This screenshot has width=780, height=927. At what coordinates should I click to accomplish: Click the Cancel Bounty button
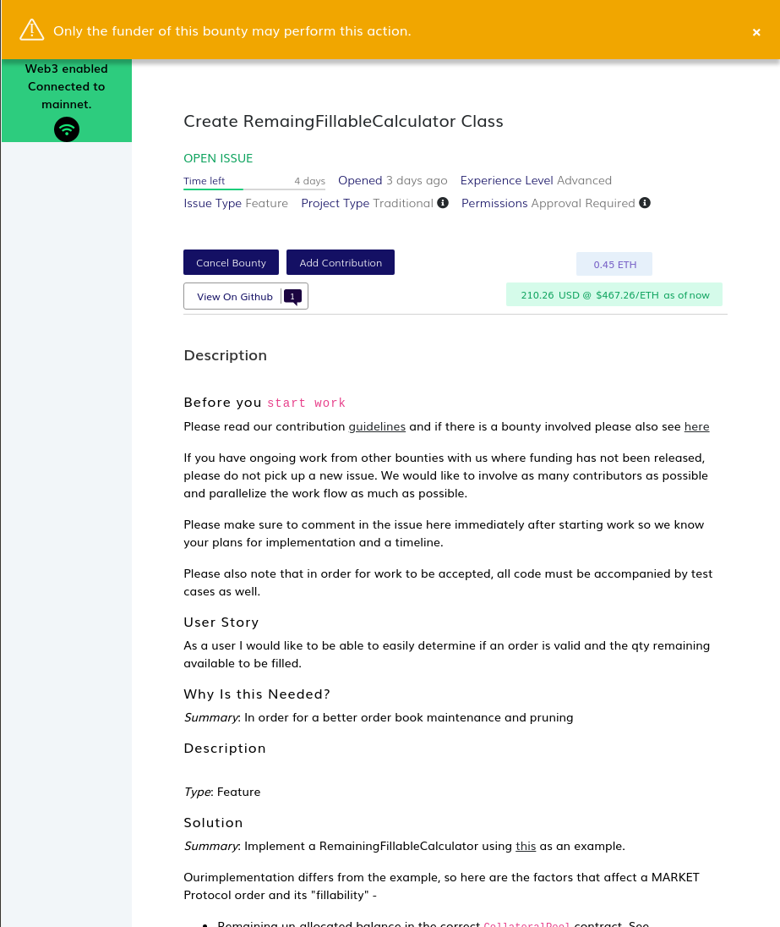(231, 262)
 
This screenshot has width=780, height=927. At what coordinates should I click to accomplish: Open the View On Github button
(235, 297)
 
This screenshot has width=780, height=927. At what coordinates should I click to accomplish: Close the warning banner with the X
(756, 32)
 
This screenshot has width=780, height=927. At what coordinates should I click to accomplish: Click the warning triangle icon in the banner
(32, 30)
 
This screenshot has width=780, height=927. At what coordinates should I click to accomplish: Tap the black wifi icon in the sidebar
(67, 129)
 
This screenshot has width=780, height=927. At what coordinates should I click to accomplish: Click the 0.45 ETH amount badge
(614, 264)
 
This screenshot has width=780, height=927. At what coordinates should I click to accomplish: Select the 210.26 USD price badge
(614, 294)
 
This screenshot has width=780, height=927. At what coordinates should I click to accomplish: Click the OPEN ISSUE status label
(218, 158)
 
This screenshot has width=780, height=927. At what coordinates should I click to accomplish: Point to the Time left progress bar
(254, 189)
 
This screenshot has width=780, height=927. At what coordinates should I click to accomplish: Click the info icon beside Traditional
(443, 203)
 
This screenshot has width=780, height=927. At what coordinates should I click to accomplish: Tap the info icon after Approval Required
(645, 203)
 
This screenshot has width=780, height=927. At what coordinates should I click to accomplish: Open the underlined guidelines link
(377, 426)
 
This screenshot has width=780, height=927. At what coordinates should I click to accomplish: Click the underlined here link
(696, 426)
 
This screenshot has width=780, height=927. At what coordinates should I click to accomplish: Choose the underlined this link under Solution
(526, 846)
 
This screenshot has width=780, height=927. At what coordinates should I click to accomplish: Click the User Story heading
(221, 623)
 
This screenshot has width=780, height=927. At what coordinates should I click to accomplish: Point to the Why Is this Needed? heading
(257, 694)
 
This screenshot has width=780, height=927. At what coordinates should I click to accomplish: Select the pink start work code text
(307, 403)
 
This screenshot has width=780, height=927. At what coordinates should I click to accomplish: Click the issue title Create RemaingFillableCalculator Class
(343, 121)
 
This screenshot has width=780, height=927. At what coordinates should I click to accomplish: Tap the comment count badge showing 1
(292, 296)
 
